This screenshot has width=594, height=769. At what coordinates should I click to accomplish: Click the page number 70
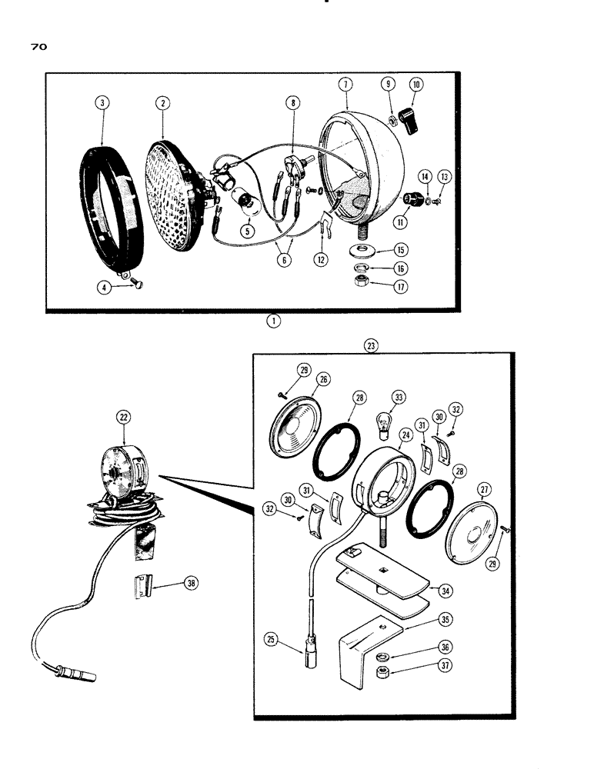(39, 47)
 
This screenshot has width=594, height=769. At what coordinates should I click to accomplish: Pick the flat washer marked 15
(359, 250)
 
